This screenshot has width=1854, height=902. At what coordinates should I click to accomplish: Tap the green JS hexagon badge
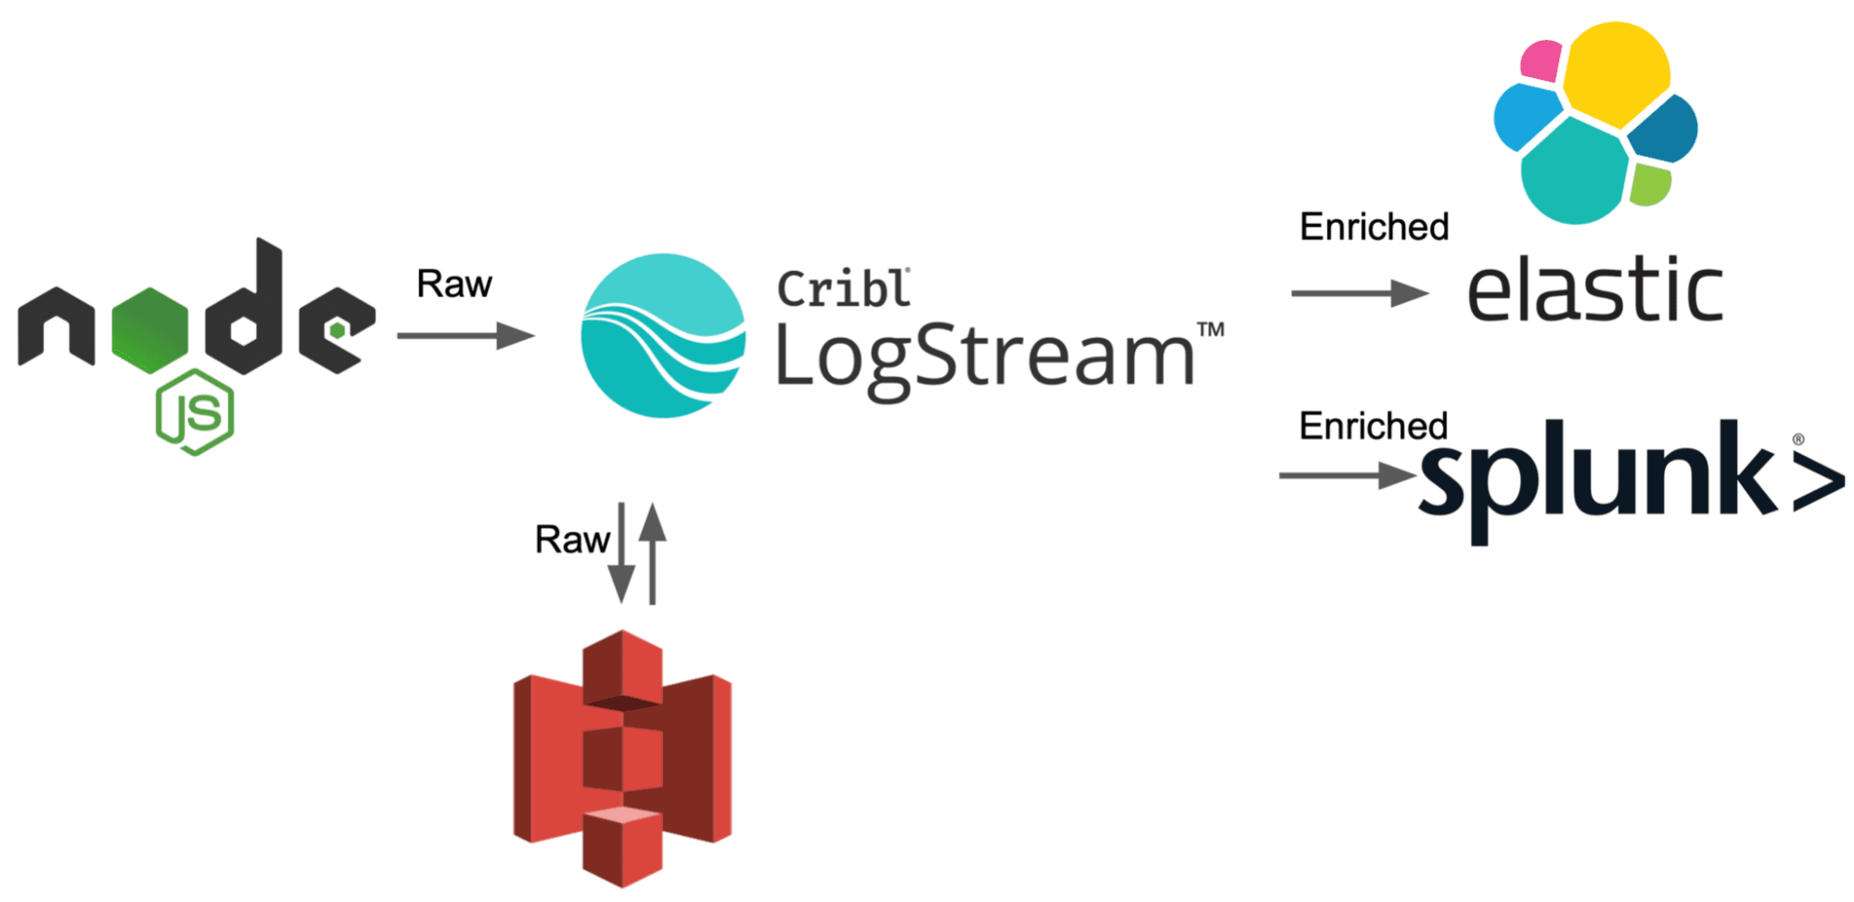point(195,412)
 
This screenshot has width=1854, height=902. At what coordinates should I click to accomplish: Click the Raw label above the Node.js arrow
point(454,284)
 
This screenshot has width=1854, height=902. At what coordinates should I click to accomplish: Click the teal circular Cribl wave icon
point(663,335)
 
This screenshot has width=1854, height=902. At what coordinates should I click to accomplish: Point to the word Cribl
point(843,289)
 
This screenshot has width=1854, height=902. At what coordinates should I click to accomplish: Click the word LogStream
point(984,357)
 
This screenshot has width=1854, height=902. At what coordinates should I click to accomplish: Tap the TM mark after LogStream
point(1210,329)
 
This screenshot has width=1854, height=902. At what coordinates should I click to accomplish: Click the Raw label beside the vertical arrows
point(571,539)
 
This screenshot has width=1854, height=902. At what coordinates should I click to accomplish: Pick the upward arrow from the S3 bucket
point(653,553)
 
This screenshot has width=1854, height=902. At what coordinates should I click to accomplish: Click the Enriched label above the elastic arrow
point(1374,227)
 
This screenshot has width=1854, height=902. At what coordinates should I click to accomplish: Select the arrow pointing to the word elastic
point(1360,293)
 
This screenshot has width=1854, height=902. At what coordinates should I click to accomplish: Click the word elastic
point(1594,290)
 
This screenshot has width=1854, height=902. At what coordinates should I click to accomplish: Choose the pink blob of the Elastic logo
point(1541,60)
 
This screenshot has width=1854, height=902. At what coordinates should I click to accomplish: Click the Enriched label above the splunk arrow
point(1373,426)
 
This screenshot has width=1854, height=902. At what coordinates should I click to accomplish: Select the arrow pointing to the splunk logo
point(1347,475)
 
